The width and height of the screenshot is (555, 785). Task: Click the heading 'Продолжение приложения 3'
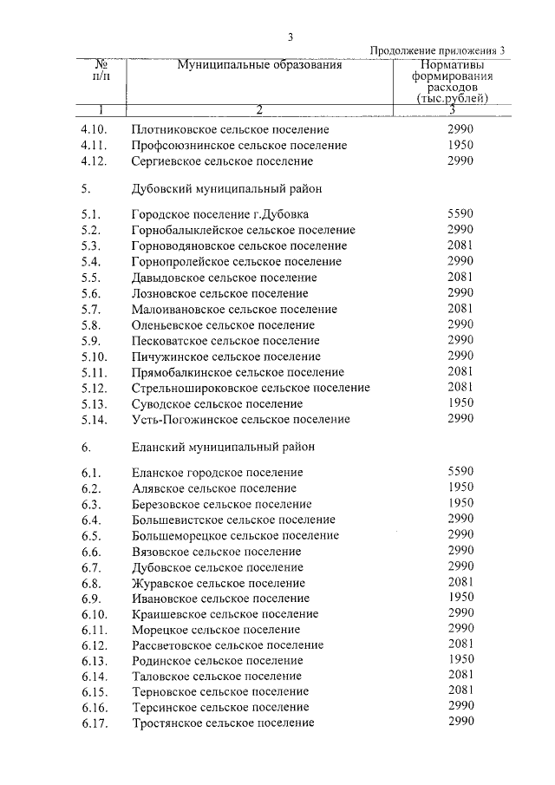click(437, 50)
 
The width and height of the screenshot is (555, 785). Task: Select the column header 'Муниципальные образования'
click(259, 64)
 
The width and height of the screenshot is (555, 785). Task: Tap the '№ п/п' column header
click(101, 70)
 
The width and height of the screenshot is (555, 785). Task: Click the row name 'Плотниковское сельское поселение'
click(230, 129)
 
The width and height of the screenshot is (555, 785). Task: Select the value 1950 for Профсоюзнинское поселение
click(460, 145)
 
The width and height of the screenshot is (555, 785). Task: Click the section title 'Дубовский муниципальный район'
click(228, 187)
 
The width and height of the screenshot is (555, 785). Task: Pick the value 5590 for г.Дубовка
click(460, 213)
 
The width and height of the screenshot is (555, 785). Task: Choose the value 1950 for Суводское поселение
click(460, 403)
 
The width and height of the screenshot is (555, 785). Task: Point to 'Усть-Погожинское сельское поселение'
click(241, 420)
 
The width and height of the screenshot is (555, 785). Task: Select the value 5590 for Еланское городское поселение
click(460, 472)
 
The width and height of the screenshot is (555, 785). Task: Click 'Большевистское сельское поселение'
click(234, 520)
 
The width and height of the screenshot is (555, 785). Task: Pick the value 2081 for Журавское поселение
click(460, 583)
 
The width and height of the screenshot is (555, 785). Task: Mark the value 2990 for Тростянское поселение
click(460, 723)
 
